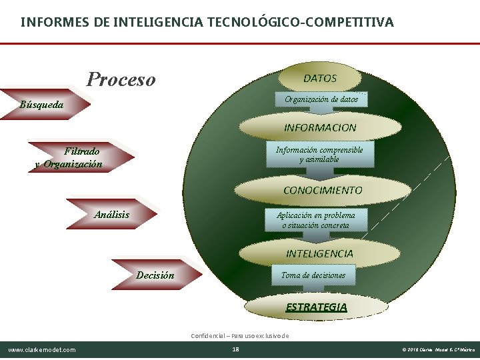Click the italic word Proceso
click(x=121, y=80)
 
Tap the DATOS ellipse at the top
click(x=320, y=78)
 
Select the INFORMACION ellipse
click(x=320, y=127)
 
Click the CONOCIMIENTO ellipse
click(x=322, y=190)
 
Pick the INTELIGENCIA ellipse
click(x=319, y=253)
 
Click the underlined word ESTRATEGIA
click(x=316, y=307)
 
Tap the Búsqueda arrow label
click(x=43, y=105)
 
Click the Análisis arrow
click(x=112, y=215)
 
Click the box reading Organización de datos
click(x=321, y=99)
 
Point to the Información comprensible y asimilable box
click(x=319, y=155)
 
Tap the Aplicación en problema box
click(x=316, y=220)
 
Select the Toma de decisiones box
click(x=313, y=275)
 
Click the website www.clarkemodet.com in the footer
click(x=42, y=350)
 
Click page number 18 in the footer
click(x=235, y=349)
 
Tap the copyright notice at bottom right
click(x=438, y=350)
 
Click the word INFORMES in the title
click(x=52, y=23)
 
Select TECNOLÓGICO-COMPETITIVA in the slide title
click(x=303, y=23)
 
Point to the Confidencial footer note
click(x=240, y=335)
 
